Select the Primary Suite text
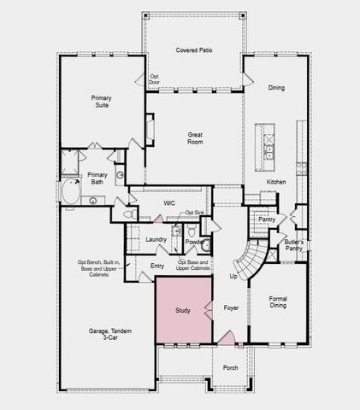coord(102,103)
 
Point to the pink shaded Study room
coord(183,310)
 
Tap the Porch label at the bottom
coord(230,368)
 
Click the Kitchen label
coord(276,183)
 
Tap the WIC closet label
coord(169,202)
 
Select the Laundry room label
coord(156,240)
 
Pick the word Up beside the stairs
coord(233,277)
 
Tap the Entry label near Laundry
coord(157,266)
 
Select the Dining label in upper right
coord(276,88)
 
